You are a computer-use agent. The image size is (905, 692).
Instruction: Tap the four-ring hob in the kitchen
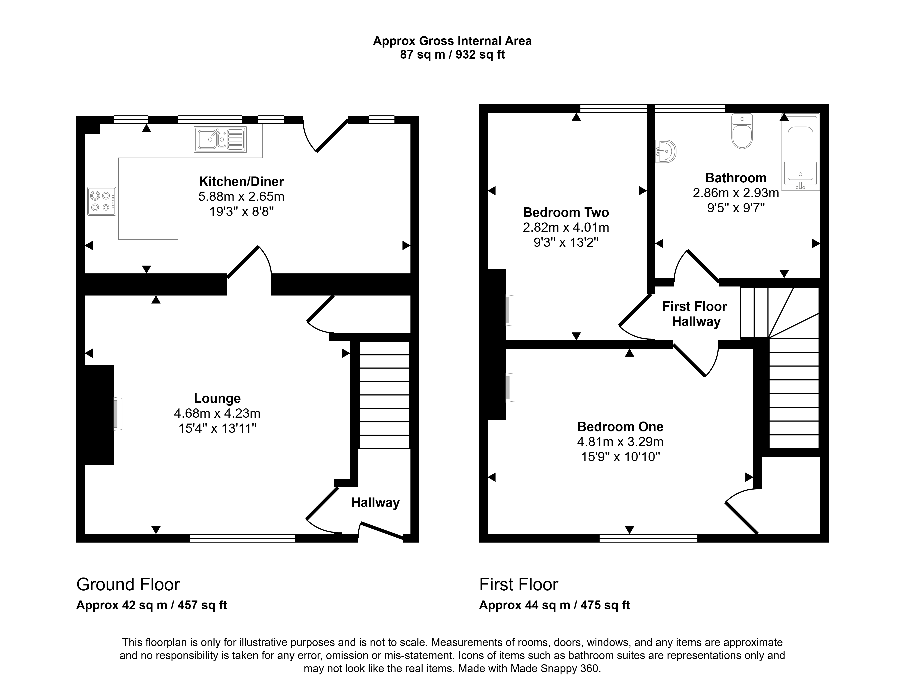[x=102, y=202]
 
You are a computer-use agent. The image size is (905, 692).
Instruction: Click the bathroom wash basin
[x=666, y=151]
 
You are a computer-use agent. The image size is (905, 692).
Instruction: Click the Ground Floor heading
[x=128, y=584]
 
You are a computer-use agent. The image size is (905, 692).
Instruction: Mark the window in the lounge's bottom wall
[x=243, y=538]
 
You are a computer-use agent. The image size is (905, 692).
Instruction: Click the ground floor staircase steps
[x=384, y=395]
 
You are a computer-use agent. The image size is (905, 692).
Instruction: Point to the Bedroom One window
[x=648, y=538]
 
